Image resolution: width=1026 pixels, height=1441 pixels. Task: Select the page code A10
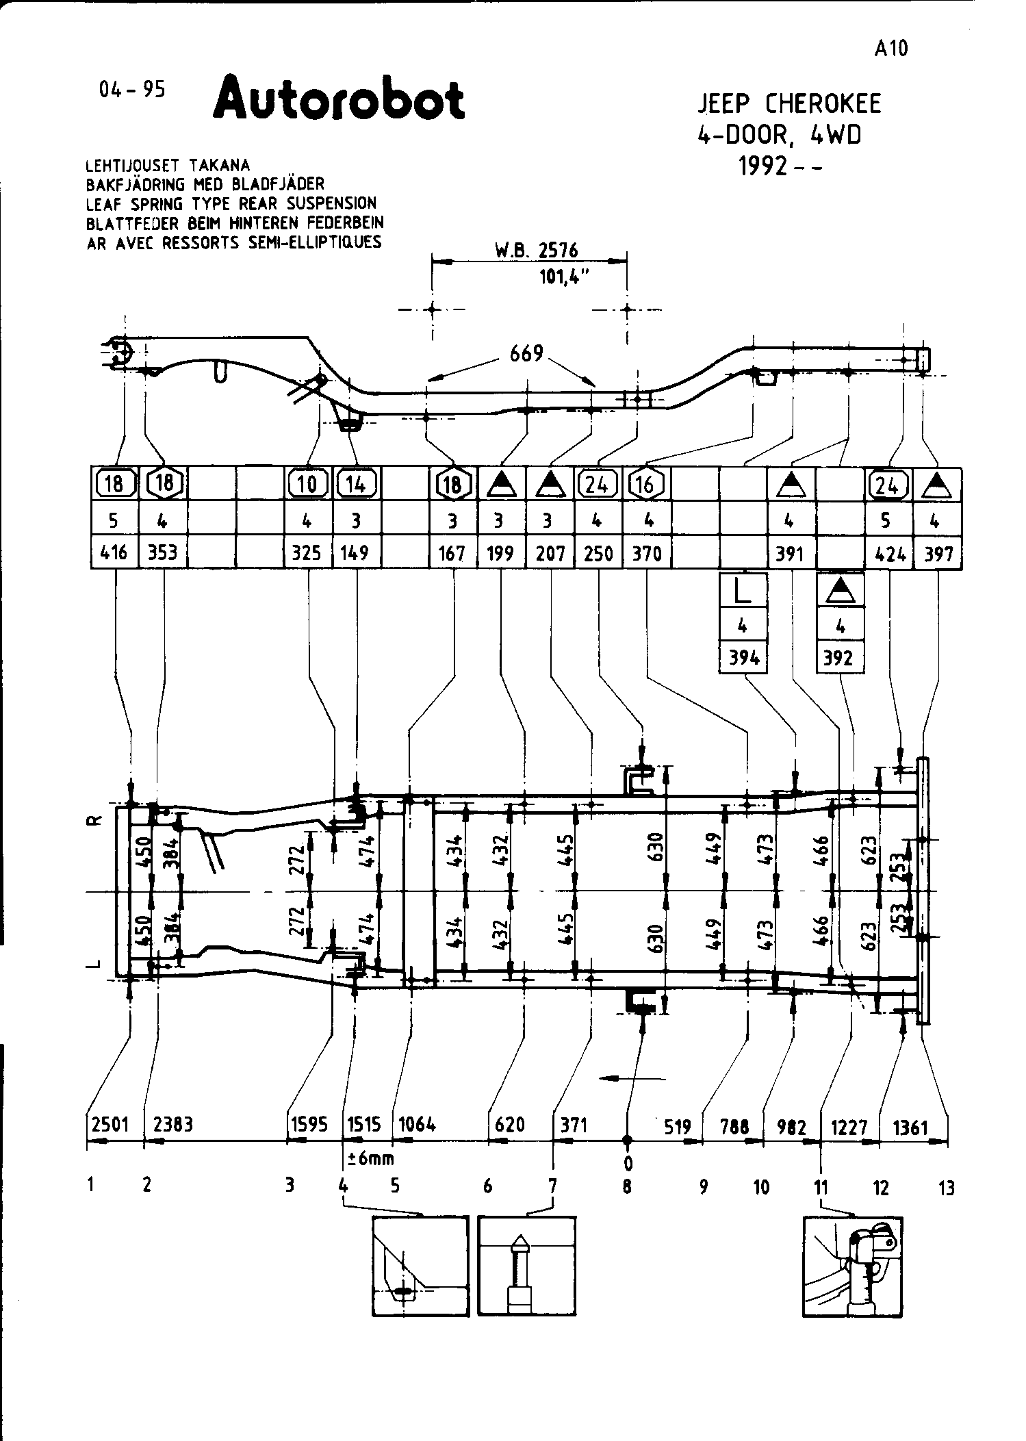pyautogui.click(x=890, y=49)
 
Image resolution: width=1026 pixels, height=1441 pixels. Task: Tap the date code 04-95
pyautogui.click(x=132, y=90)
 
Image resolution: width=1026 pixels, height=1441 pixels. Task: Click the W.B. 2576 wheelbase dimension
pyautogui.click(x=537, y=251)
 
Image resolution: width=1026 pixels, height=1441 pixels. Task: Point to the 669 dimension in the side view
pyautogui.click(x=526, y=354)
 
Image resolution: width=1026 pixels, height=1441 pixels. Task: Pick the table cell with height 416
pyautogui.click(x=114, y=552)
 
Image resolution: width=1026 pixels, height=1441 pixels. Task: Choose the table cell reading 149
pyautogui.click(x=355, y=552)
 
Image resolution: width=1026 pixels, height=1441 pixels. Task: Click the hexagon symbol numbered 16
pyautogui.click(x=645, y=485)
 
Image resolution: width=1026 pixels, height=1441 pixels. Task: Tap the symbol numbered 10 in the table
pyautogui.click(x=307, y=485)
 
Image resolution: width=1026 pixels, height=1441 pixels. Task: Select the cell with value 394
pyautogui.click(x=743, y=658)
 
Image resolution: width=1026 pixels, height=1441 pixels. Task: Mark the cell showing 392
pyautogui.click(x=840, y=658)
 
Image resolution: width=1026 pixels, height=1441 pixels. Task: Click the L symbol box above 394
pyautogui.click(x=743, y=592)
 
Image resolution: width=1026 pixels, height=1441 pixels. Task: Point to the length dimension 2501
pyautogui.click(x=110, y=1124)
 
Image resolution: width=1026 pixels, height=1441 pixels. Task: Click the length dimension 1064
pyautogui.click(x=417, y=1124)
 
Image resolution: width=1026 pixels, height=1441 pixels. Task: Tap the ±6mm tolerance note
pyautogui.click(x=370, y=1158)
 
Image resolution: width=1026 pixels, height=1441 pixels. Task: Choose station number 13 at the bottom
pyautogui.click(x=946, y=1188)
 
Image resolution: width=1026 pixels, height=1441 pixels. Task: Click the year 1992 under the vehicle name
pyautogui.click(x=762, y=166)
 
